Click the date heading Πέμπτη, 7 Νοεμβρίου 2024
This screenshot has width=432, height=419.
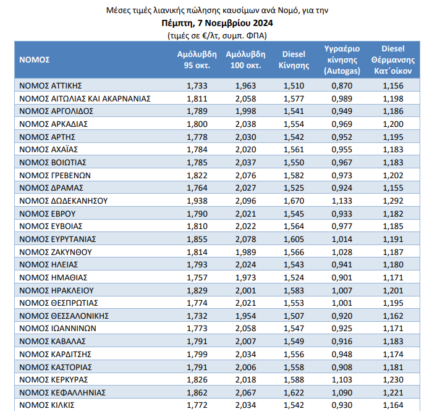click(x=216, y=23)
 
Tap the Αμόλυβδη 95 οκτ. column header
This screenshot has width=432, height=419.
click(x=197, y=59)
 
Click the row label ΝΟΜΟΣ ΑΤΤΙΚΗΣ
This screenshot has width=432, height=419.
click(x=51, y=85)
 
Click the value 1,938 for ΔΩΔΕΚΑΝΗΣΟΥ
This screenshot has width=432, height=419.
click(x=197, y=201)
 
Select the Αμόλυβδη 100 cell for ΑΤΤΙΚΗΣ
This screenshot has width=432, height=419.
click(x=245, y=85)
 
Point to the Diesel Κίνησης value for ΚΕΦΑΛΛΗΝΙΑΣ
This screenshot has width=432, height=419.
click(x=294, y=392)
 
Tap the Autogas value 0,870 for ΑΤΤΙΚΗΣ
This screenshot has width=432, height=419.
click(x=342, y=85)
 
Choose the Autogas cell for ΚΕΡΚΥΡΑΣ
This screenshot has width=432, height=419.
click(x=342, y=379)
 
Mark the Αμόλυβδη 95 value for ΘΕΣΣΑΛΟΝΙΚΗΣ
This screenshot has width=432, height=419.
click(x=197, y=315)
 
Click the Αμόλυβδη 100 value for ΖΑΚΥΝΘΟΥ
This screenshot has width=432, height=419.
click(x=245, y=252)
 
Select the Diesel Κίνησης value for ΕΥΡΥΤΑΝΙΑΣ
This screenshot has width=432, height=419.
click(x=294, y=239)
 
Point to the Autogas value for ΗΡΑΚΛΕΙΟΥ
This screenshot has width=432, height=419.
click(x=342, y=290)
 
